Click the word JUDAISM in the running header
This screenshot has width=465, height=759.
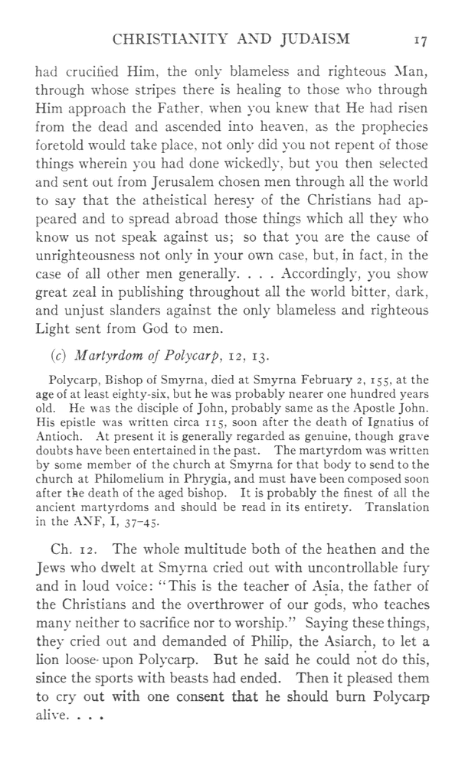click(x=313, y=41)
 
